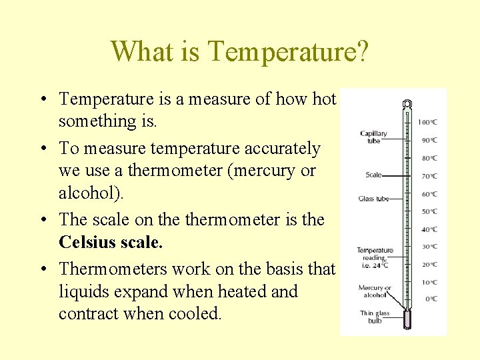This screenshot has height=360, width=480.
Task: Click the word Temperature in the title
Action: (x=285, y=51)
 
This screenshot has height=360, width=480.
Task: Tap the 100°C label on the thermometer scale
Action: (x=427, y=122)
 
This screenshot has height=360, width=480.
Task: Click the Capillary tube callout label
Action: (x=373, y=137)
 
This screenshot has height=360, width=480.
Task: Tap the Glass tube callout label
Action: (x=373, y=199)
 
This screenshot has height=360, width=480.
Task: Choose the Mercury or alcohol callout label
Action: (x=374, y=291)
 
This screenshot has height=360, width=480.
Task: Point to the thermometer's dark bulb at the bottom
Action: (x=407, y=321)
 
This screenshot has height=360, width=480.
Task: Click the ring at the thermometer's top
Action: (x=407, y=105)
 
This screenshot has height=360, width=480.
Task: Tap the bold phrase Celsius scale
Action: (x=111, y=243)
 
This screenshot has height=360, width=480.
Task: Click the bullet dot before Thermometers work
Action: (x=43, y=269)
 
